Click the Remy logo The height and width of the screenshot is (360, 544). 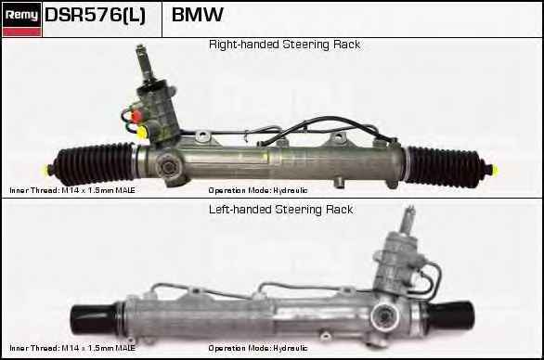pyautogui.click(x=22, y=19)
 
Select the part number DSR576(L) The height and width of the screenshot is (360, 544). pyautogui.click(x=95, y=15)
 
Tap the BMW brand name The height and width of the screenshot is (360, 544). pyautogui.click(x=198, y=15)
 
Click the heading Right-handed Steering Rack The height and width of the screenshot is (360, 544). pyautogui.click(x=284, y=45)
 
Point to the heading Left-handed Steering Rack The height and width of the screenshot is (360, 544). pyautogui.click(x=280, y=210)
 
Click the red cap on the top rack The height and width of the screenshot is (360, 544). pyautogui.click(x=136, y=115)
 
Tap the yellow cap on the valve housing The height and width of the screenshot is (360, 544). pyautogui.click(x=141, y=133)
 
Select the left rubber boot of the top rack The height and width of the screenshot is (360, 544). pyautogui.click(x=95, y=163)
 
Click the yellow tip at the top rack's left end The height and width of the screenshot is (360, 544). pyautogui.click(x=45, y=170)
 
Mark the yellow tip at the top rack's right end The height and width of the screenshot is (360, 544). pyautogui.click(x=495, y=170)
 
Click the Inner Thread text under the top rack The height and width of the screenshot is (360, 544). pyautogui.click(x=72, y=190)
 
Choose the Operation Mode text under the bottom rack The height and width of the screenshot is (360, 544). pyautogui.click(x=258, y=348)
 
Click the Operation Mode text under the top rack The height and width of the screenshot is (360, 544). pyautogui.click(x=258, y=190)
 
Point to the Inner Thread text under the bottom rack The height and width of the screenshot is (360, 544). pyautogui.click(x=72, y=348)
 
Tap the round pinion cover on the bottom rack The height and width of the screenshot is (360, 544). pyautogui.click(x=384, y=316)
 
